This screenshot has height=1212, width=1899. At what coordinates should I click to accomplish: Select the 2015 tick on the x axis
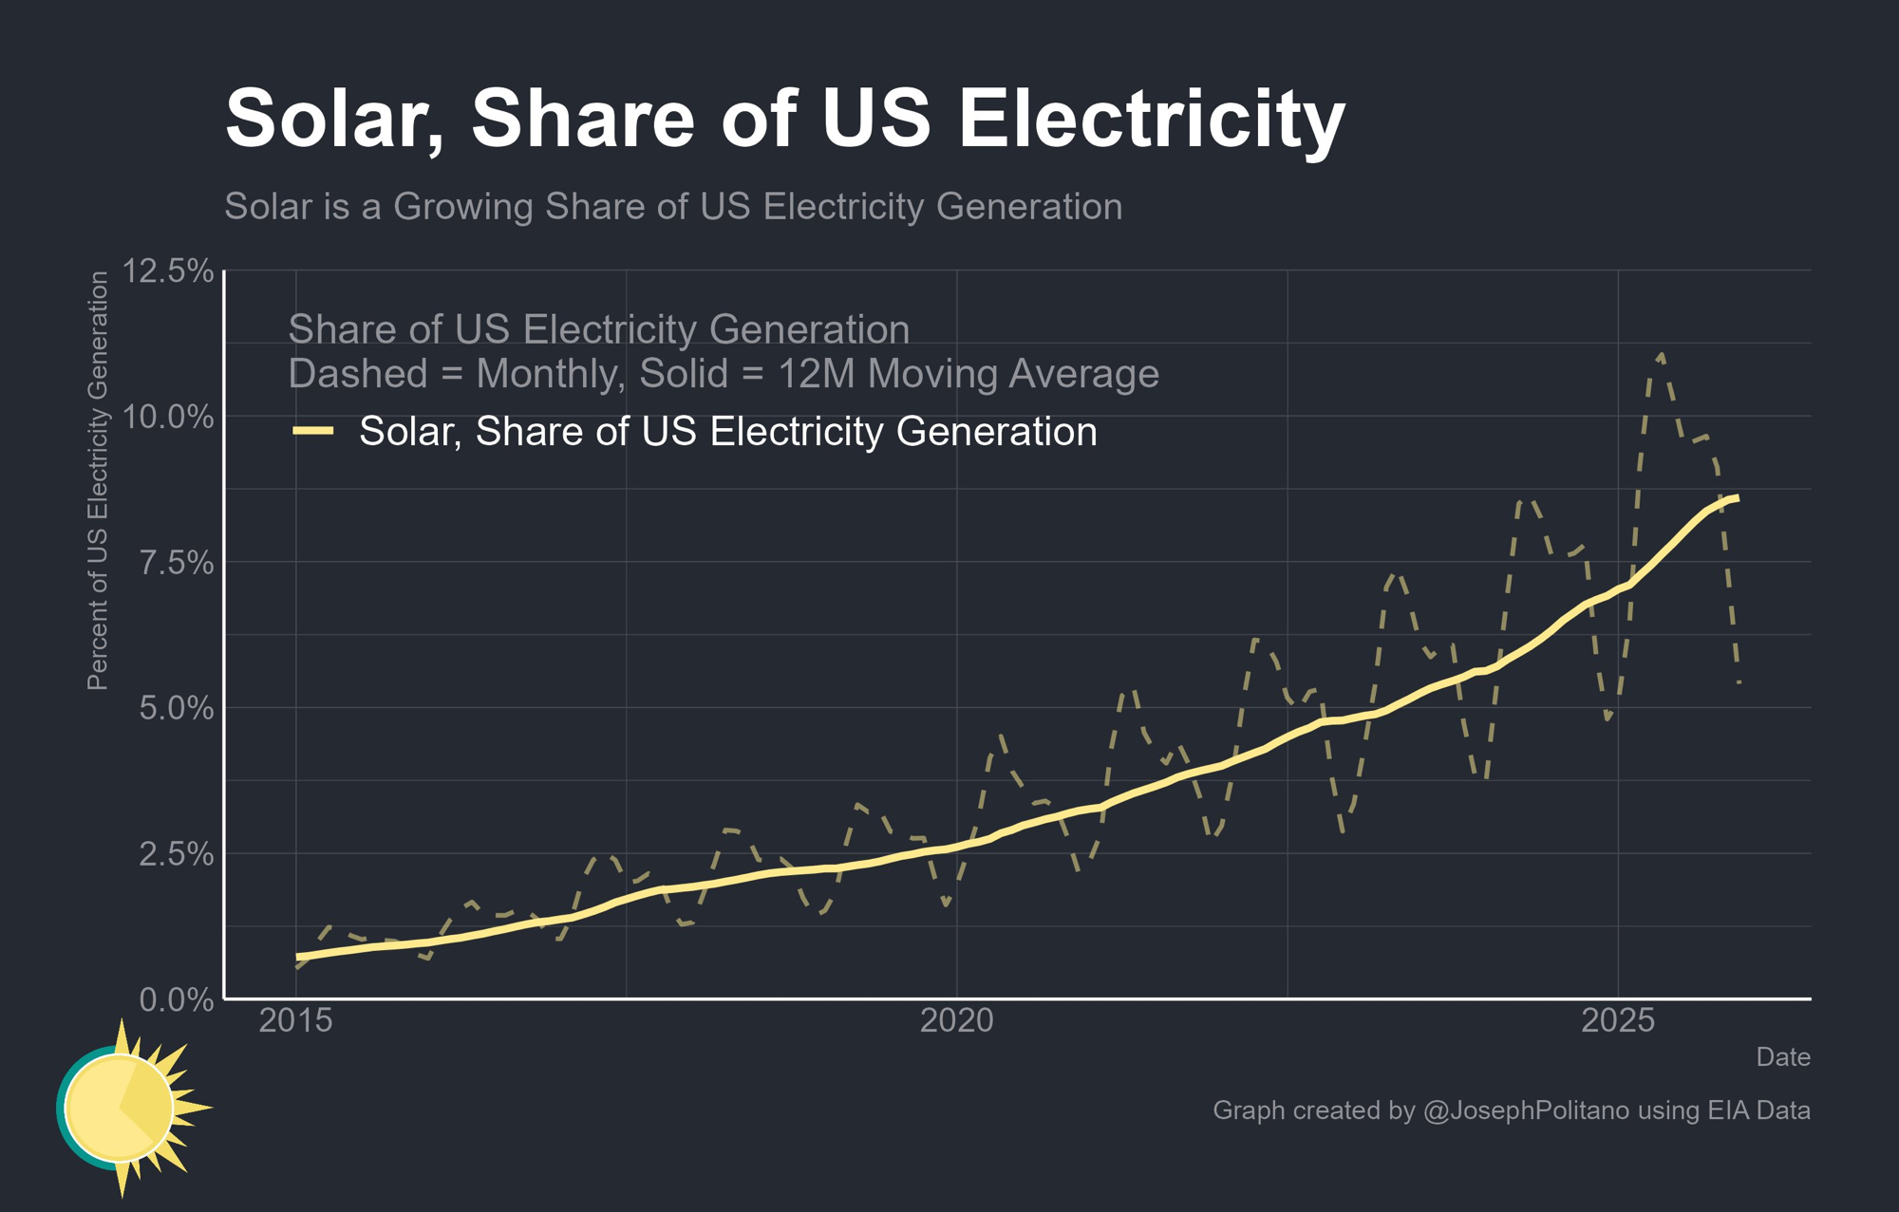296,1021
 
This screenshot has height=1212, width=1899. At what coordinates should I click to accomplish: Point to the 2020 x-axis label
957,1021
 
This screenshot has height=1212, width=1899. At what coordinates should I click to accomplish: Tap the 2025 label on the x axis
1618,1021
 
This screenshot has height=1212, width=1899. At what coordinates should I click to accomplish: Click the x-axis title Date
1782,1057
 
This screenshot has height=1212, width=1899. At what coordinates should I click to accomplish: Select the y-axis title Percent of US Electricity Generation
98,480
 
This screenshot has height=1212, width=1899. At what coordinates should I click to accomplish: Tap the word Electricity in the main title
1152,120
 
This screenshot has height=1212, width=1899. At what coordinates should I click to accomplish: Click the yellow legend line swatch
313,432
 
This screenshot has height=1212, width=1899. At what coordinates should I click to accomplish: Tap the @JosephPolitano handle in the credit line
1526,1110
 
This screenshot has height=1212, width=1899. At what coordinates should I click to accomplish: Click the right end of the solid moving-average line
1737,498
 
